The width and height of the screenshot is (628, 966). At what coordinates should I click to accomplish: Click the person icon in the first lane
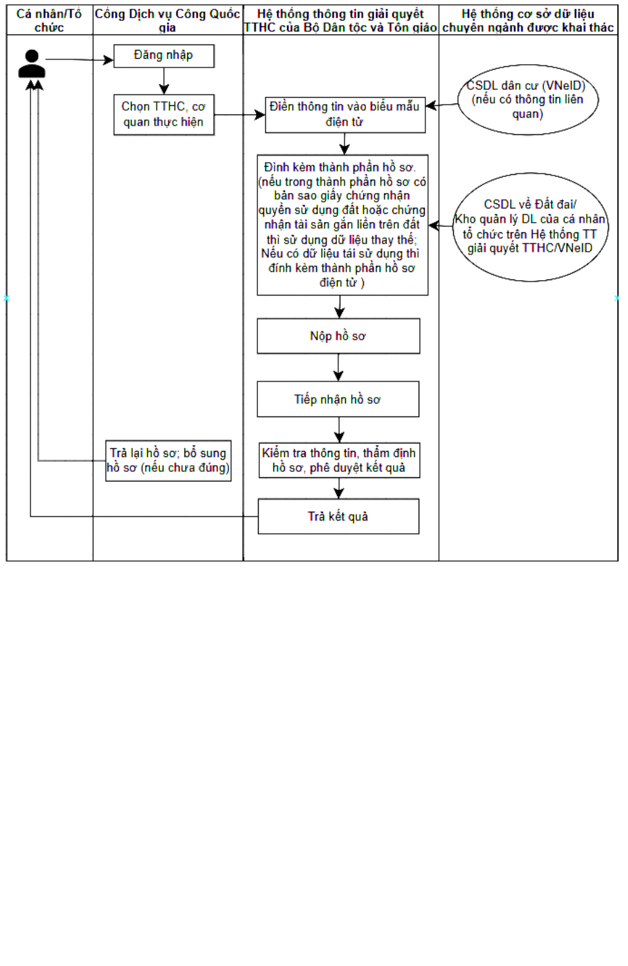tap(32, 64)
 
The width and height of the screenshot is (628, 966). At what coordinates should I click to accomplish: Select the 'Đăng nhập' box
tap(164, 56)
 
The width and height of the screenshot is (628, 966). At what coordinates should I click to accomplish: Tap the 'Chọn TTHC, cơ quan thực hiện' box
tap(164, 115)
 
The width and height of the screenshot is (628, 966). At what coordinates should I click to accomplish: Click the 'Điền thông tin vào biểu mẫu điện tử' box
tap(345, 115)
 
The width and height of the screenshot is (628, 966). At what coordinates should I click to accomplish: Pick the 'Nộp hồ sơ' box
tap(338, 336)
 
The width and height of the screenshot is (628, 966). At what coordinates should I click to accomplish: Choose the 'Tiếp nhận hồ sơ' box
tap(338, 399)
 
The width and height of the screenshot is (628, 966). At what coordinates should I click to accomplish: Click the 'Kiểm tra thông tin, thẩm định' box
tap(340, 460)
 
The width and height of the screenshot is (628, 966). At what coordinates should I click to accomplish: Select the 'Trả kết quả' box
tap(338, 516)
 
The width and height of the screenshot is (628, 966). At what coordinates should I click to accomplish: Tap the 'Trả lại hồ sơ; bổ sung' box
tap(168, 460)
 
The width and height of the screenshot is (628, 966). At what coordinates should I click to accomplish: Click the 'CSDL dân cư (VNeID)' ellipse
tap(527, 100)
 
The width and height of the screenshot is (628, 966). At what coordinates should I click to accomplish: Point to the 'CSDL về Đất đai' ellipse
tap(531, 227)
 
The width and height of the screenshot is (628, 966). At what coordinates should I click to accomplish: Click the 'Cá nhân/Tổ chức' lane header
tap(49, 20)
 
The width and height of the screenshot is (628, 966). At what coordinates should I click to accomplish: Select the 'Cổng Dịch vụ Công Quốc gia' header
tap(167, 20)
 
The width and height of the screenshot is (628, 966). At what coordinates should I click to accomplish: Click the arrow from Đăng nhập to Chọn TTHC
tap(164, 80)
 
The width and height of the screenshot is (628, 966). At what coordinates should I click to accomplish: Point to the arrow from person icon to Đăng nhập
tap(80, 59)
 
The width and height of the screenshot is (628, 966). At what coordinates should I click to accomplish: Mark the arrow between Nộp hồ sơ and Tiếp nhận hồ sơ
tap(338, 367)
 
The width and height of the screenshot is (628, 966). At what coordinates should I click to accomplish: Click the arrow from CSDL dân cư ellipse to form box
tap(442, 105)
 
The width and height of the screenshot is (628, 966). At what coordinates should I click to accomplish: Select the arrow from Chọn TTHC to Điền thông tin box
tap(240, 115)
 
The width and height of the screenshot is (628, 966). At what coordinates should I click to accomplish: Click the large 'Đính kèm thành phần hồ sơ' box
tap(342, 225)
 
